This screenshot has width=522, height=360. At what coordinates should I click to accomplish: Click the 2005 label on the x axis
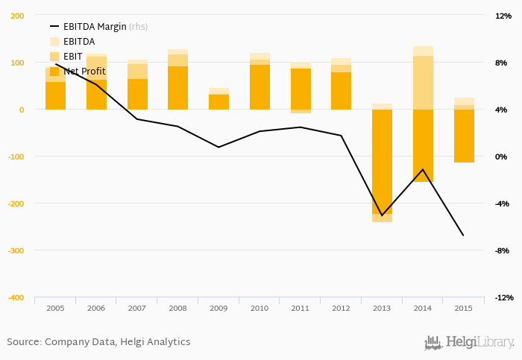coord(55,307)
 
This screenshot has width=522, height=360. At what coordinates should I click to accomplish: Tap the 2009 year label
coord(218,307)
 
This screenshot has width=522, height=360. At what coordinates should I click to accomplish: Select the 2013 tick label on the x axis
coord(382,307)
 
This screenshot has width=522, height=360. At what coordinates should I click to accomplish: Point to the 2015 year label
coord(464,307)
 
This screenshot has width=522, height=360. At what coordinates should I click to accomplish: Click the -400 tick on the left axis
coord(15,297)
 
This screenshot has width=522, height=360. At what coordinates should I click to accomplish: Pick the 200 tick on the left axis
coord(17,16)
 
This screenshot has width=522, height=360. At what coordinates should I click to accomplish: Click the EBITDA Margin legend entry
coord(95,27)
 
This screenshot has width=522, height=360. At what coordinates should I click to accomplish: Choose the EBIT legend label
coord(73,57)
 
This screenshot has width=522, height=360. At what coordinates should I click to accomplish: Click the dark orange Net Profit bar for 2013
coord(382,161)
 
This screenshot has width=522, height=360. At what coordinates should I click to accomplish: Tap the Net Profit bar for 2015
coord(464,136)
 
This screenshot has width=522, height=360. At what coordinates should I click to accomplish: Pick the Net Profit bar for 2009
coord(218,102)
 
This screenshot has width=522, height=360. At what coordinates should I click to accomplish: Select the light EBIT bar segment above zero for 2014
coord(423,82)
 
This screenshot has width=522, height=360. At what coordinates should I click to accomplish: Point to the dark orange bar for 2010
coord(260,87)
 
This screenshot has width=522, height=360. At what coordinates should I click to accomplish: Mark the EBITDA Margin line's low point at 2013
coord(382,215)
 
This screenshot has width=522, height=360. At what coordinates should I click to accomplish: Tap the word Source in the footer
coord(23,342)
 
